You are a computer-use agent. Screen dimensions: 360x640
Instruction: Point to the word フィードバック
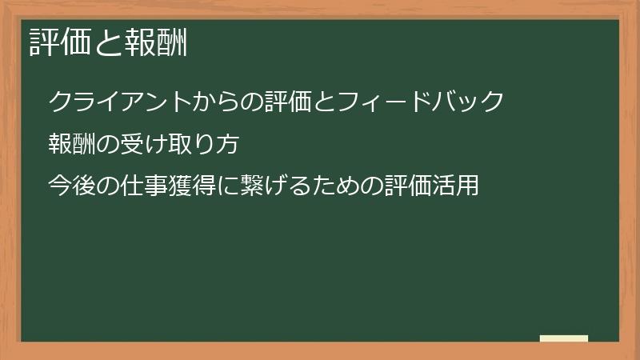(422, 102)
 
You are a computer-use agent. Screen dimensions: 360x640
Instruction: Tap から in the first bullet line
(217, 102)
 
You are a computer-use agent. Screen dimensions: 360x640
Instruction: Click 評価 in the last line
(406, 186)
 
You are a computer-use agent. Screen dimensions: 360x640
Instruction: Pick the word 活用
(455, 186)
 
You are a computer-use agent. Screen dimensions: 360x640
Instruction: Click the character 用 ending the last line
(467, 186)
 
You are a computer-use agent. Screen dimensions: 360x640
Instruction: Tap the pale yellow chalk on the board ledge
(564, 338)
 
